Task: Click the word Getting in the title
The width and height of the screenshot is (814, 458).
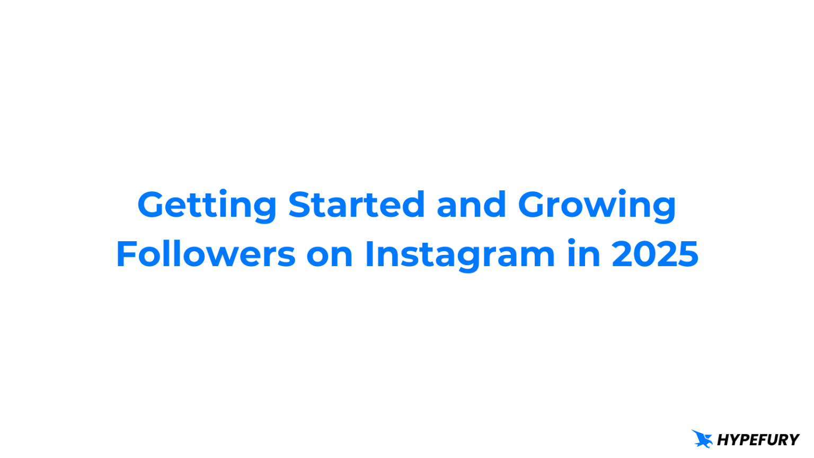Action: tap(207, 205)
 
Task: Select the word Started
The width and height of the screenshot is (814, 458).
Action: tap(356, 205)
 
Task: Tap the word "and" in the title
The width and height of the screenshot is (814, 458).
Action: tap(471, 205)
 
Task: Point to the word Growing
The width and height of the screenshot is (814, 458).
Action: tap(597, 206)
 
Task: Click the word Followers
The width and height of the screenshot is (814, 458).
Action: tap(206, 254)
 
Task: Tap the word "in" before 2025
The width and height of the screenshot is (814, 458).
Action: tap(583, 254)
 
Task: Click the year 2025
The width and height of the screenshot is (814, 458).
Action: tap(655, 254)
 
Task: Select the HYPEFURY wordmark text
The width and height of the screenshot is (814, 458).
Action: tap(758, 440)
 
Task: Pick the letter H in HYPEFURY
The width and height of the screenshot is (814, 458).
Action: tap(723, 440)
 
